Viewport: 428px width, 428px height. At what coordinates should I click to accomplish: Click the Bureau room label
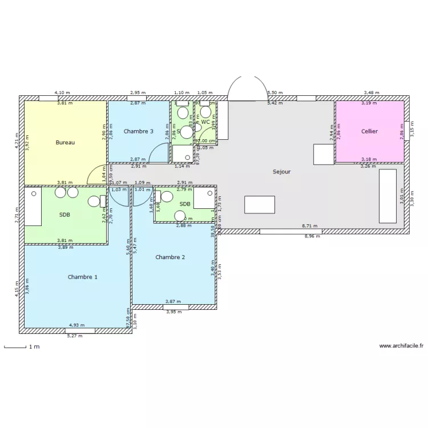coord(65,142)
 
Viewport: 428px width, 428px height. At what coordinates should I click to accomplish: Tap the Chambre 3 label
coord(138,131)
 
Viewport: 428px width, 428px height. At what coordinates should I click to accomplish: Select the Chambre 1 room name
coord(82,277)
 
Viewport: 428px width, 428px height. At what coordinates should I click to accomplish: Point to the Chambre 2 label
coord(170,257)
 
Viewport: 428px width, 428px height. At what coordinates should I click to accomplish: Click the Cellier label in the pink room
coord(369,131)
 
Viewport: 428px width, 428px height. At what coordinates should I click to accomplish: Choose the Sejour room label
coord(281,171)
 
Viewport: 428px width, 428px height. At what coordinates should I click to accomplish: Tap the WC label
coord(205,122)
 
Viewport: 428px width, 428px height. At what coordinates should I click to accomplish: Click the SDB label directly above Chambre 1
coord(64,215)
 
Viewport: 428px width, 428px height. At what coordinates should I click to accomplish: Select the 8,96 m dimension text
coord(312,236)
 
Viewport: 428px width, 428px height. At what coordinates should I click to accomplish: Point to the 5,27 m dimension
coord(75,336)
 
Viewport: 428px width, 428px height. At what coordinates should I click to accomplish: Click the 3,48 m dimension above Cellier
coord(372,92)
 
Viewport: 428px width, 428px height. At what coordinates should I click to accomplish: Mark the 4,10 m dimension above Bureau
coord(62,92)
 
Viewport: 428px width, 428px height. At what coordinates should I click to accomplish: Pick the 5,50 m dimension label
coord(275,92)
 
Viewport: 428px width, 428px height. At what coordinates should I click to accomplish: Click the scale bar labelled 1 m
coord(20,346)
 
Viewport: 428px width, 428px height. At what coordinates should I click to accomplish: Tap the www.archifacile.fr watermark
coord(401,346)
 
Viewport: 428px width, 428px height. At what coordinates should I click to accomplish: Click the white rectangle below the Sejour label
coord(260,204)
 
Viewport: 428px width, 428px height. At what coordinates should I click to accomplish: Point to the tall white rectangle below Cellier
coord(387,196)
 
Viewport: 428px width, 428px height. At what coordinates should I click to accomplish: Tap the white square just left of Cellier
coord(323,154)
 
